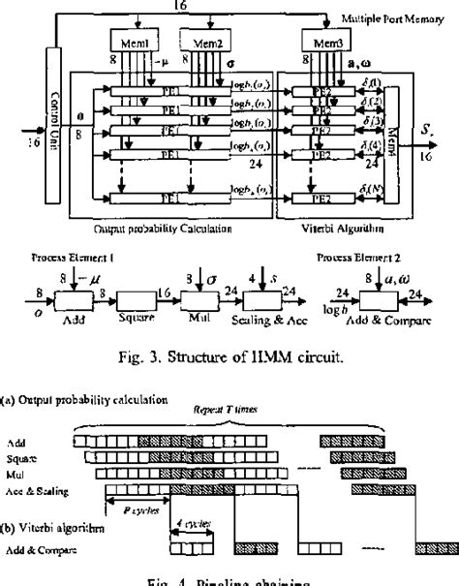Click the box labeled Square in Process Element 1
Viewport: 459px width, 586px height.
click(133, 290)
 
